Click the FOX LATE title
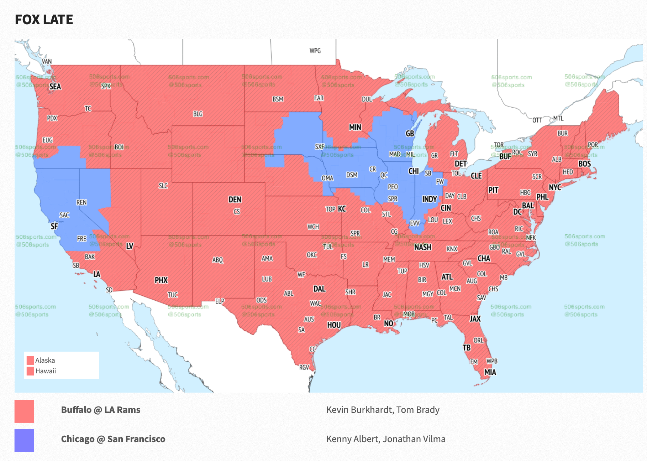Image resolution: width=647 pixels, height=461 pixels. pyautogui.click(x=44, y=20)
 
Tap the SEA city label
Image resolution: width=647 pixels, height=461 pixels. pyautogui.click(x=55, y=87)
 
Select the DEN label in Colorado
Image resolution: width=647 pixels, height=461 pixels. pyautogui.click(x=235, y=200)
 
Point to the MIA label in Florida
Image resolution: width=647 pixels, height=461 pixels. pyautogui.click(x=490, y=372)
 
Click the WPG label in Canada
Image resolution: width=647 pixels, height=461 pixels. pyautogui.click(x=315, y=51)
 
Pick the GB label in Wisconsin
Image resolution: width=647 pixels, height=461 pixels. pyautogui.click(x=410, y=133)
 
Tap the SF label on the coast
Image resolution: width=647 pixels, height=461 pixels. pyautogui.click(x=54, y=226)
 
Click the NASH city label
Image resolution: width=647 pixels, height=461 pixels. pyautogui.click(x=423, y=247)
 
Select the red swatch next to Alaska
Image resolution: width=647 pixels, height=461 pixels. pyautogui.click(x=30, y=360)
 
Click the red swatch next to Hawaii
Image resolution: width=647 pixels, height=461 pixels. pyautogui.click(x=30, y=371)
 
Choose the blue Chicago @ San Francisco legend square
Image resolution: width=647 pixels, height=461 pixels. pyautogui.click(x=24, y=440)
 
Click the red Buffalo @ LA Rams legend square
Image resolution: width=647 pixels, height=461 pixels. pyautogui.click(x=24, y=411)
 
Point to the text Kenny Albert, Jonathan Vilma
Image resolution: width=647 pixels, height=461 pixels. pyautogui.click(x=386, y=439)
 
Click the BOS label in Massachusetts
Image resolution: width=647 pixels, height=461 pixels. pyautogui.click(x=584, y=164)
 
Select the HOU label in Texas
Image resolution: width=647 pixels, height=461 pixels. pyautogui.click(x=334, y=325)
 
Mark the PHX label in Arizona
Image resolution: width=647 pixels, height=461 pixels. pyautogui.click(x=161, y=280)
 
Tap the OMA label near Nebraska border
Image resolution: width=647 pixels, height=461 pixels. pyautogui.click(x=327, y=178)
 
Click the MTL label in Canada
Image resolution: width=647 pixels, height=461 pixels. pyautogui.click(x=558, y=118)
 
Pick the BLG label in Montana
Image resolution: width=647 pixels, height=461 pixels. pyautogui.click(x=198, y=114)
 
